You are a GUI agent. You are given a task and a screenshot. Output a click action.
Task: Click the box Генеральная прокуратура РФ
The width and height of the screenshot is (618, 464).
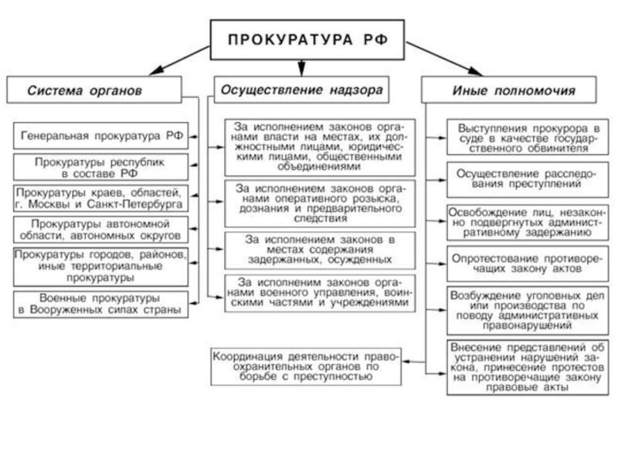[102, 135]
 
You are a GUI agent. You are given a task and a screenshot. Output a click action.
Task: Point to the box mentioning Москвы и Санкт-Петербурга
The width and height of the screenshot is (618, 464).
[102, 198]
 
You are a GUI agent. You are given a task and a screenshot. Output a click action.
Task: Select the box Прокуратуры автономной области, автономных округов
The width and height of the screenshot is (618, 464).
[102, 228]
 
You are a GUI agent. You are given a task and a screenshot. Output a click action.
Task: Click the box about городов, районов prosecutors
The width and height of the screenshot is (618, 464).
[102, 264]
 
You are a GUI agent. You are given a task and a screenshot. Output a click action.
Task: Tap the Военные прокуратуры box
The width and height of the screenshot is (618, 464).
[102, 302]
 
